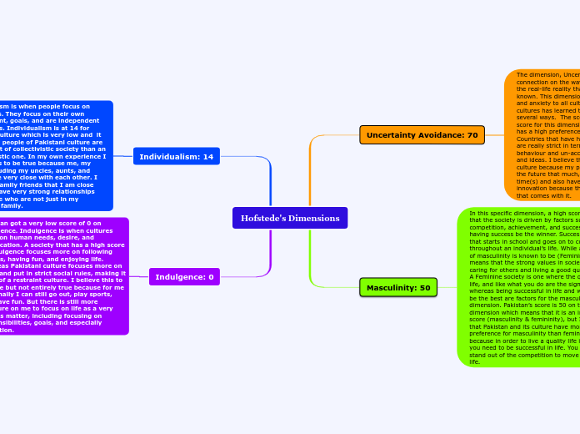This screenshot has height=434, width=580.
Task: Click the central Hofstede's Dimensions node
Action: point(290,218)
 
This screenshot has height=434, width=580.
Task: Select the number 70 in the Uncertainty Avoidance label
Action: point(471,135)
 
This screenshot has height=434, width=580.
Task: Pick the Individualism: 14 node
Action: point(176,156)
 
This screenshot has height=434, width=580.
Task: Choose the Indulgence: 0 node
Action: point(184,276)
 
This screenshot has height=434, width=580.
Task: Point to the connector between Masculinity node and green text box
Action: point(447,288)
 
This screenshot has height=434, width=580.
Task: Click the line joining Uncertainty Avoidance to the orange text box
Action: point(494,135)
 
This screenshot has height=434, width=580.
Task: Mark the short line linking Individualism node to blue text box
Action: point(122,156)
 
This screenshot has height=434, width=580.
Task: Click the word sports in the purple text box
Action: point(112,295)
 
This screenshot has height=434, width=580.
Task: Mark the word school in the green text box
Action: point(524,242)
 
